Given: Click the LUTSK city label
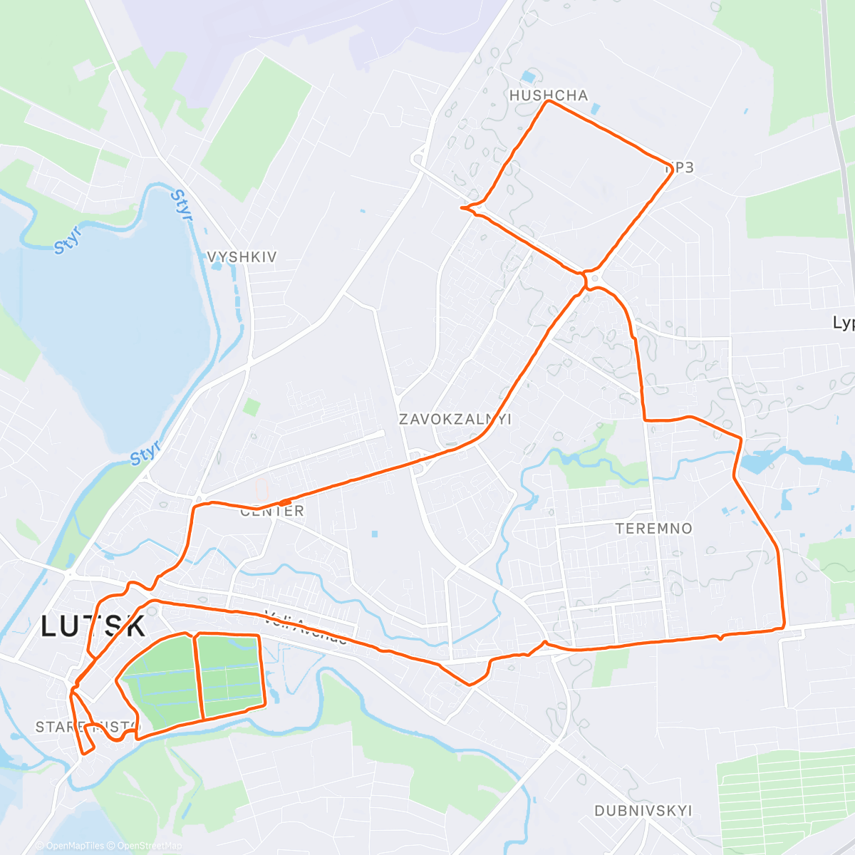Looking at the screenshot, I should [x=93, y=626].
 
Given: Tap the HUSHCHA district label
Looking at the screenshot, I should [x=549, y=95].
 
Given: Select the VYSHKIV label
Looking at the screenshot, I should [x=242, y=256].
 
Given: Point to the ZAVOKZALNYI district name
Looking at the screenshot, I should [x=455, y=419].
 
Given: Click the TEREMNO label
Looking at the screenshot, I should [x=654, y=528].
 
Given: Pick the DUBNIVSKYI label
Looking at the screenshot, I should [x=643, y=811].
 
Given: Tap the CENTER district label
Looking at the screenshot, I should [x=272, y=511].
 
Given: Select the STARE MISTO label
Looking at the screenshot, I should [x=87, y=727].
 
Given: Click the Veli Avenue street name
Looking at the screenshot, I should [x=306, y=627].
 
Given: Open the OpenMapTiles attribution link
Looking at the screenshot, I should [x=74, y=846].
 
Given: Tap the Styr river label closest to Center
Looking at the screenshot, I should [x=145, y=452].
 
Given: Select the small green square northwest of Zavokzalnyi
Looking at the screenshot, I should [x=252, y=407].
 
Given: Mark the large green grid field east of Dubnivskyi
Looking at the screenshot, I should [x=784, y=791].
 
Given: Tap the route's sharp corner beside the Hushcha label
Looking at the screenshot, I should [x=548, y=102].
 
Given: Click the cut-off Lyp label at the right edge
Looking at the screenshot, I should [x=844, y=323].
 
